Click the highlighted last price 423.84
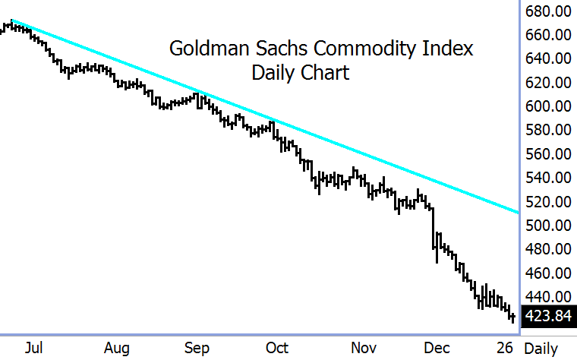549,316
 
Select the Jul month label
33,348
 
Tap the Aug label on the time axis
116,348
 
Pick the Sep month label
197,348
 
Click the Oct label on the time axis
277,348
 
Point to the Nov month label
364,348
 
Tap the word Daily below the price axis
541,348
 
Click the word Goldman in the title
203,49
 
